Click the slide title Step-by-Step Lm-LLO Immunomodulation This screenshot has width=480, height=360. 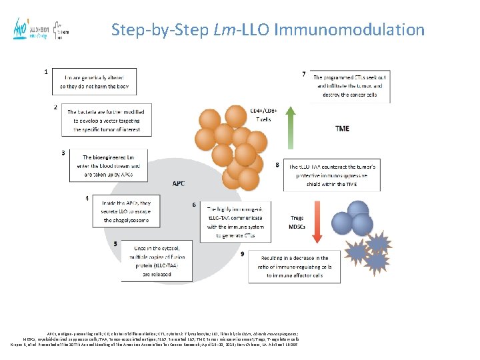point(267,30)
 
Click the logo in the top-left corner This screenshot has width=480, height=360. point(41,29)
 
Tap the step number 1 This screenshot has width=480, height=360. point(45,71)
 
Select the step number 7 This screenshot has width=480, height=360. point(304,74)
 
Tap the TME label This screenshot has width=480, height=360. point(341,129)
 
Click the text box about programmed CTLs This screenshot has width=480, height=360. point(350,86)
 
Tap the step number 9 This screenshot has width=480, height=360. point(243,254)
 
